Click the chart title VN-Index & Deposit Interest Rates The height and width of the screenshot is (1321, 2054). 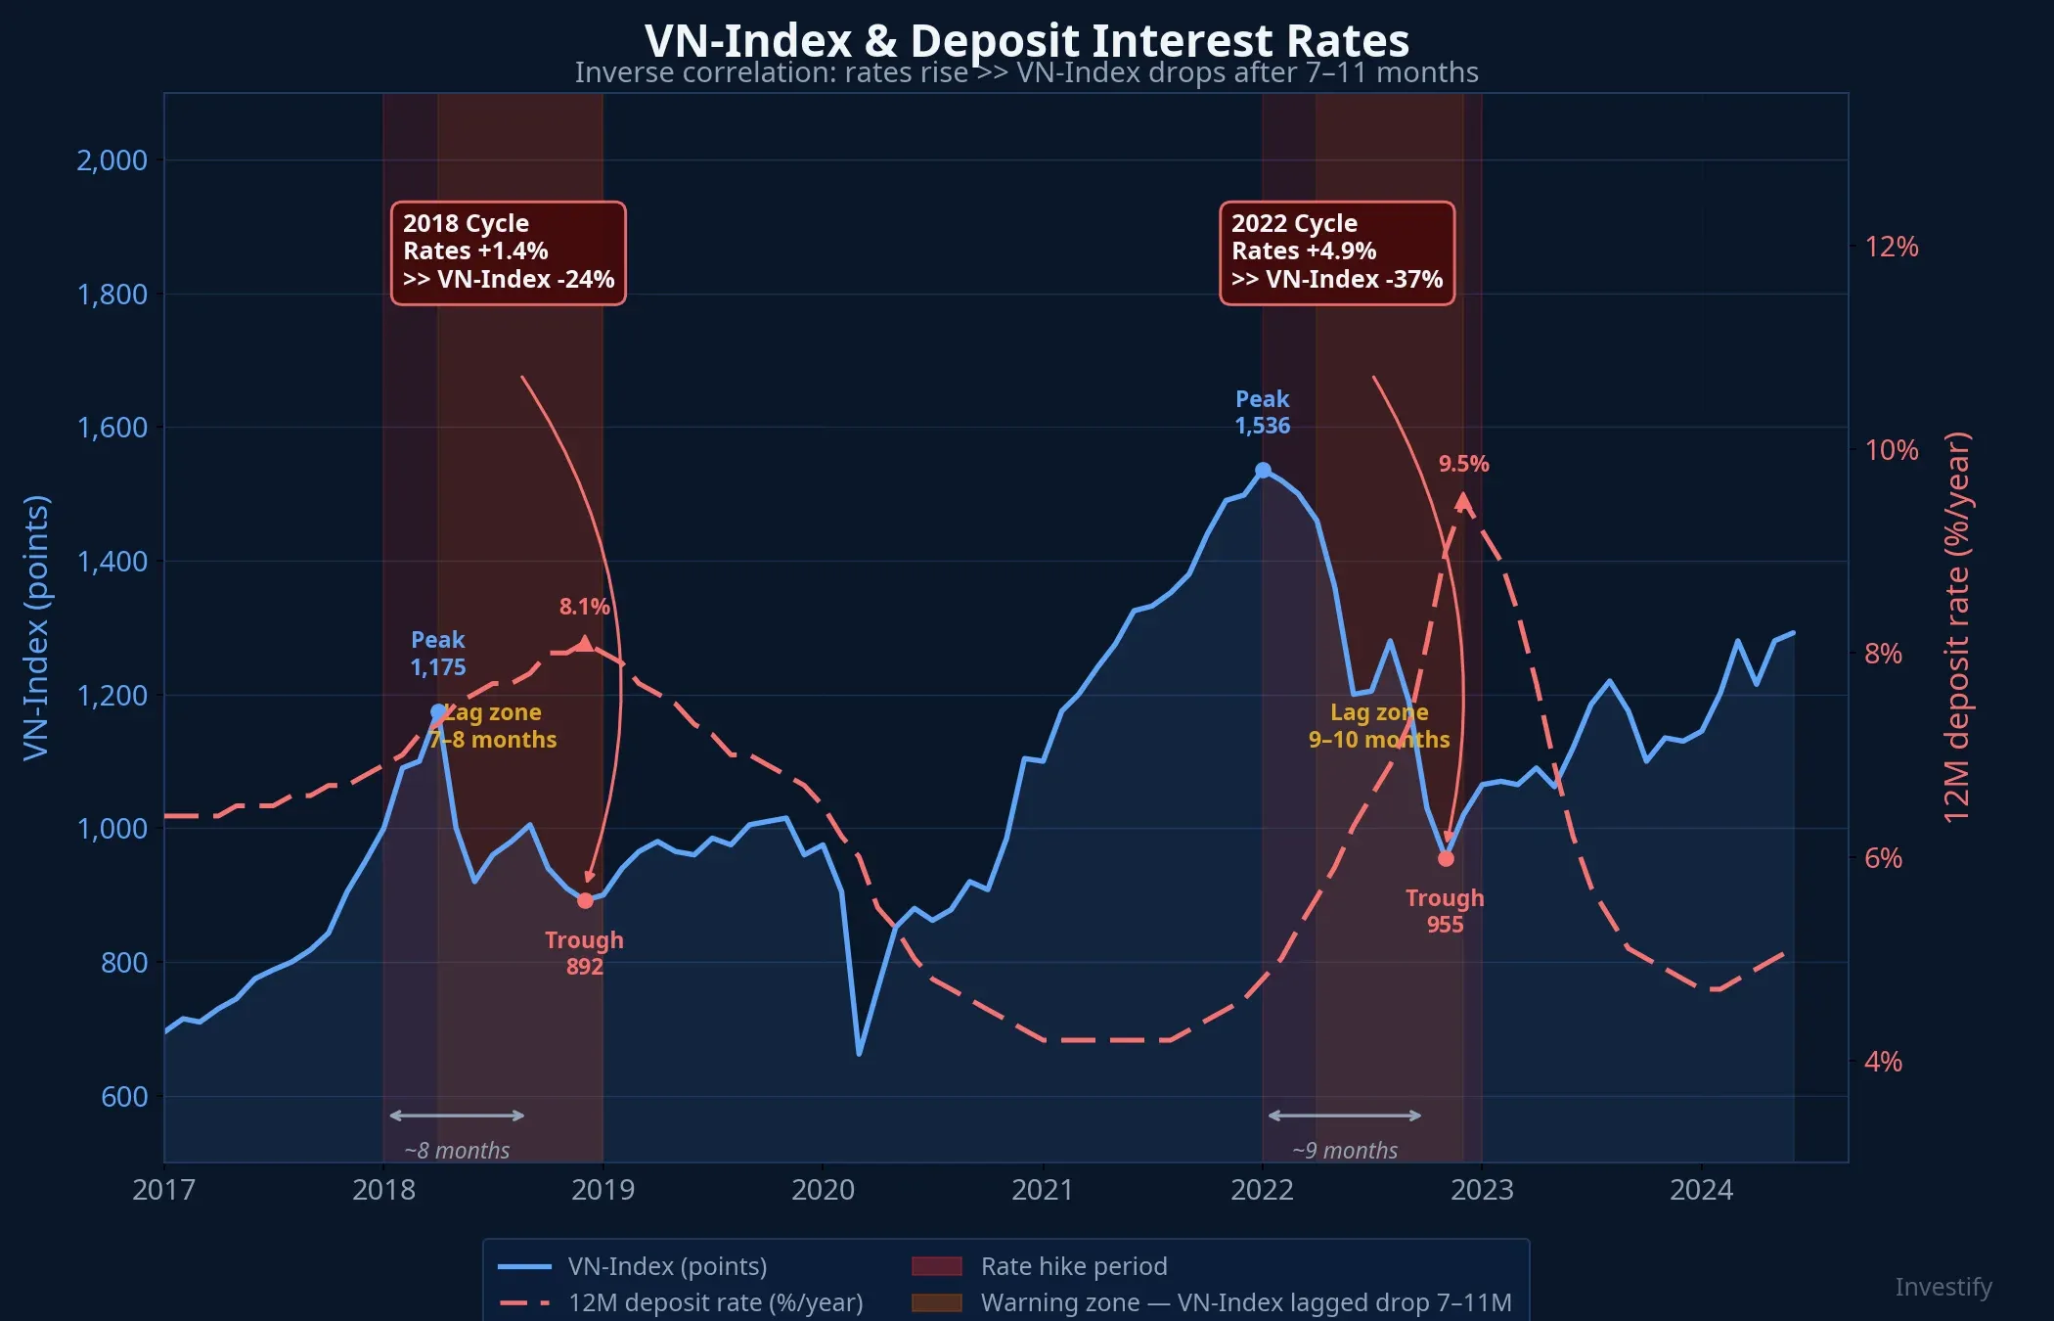(x=1026, y=41)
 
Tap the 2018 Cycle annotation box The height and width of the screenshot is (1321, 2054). (x=508, y=252)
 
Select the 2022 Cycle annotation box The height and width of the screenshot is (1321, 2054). (x=1336, y=252)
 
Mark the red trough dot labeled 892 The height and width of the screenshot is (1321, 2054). (x=585, y=900)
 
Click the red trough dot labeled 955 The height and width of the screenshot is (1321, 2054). (x=1446, y=858)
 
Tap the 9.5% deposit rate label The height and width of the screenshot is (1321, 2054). (x=1463, y=464)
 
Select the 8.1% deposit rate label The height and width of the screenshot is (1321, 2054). (x=584, y=607)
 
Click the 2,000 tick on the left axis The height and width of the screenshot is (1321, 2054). (x=112, y=160)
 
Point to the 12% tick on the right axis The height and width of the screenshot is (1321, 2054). (x=1891, y=247)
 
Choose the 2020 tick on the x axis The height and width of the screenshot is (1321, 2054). (x=823, y=1190)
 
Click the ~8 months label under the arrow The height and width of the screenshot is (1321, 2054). (x=457, y=1151)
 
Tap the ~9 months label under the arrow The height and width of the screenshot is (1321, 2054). (x=1345, y=1151)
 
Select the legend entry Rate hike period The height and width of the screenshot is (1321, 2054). (x=1073, y=1266)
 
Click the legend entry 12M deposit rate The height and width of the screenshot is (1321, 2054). (x=715, y=1302)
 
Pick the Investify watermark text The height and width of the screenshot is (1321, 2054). (x=1942, y=1287)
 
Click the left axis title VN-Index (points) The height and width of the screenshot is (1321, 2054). (x=36, y=626)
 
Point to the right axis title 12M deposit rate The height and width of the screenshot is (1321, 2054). (x=1956, y=626)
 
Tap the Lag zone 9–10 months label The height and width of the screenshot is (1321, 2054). (x=1379, y=726)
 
